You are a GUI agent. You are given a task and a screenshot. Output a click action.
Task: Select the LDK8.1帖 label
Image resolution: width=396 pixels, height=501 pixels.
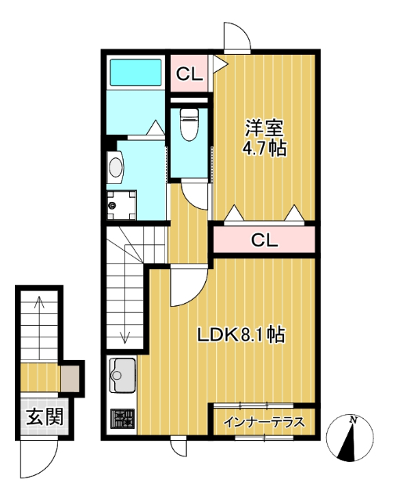[x=240, y=335]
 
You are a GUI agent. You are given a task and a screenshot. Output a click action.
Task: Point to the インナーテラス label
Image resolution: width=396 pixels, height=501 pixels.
[x=264, y=423]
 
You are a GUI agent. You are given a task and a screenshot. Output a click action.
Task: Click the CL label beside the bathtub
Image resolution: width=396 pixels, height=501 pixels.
[x=189, y=75]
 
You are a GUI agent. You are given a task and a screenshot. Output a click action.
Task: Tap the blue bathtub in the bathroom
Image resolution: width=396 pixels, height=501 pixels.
[x=135, y=73]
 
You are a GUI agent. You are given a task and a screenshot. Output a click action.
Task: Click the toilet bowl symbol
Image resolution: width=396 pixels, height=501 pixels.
[x=189, y=124]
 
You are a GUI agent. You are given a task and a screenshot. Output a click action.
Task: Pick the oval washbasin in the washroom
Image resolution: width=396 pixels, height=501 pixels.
[x=116, y=167]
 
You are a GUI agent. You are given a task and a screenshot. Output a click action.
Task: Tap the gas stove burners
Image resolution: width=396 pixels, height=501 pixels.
[x=121, y=419]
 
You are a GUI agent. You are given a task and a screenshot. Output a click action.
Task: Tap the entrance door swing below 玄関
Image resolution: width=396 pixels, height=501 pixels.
[x=38, y=462]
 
